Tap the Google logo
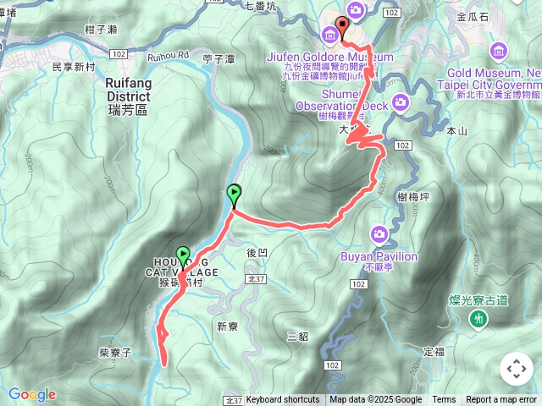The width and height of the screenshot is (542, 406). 32,394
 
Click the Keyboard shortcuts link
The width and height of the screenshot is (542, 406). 282,400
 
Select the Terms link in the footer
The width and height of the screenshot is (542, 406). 444,400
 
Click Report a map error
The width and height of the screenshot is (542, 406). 501,400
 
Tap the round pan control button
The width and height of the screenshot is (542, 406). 517,369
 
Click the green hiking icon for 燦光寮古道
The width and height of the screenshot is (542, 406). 480,319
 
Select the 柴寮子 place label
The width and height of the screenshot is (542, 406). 115,350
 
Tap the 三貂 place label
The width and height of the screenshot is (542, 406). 297,336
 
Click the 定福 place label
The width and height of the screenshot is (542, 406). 434,351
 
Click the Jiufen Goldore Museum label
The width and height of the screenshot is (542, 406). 330,57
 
